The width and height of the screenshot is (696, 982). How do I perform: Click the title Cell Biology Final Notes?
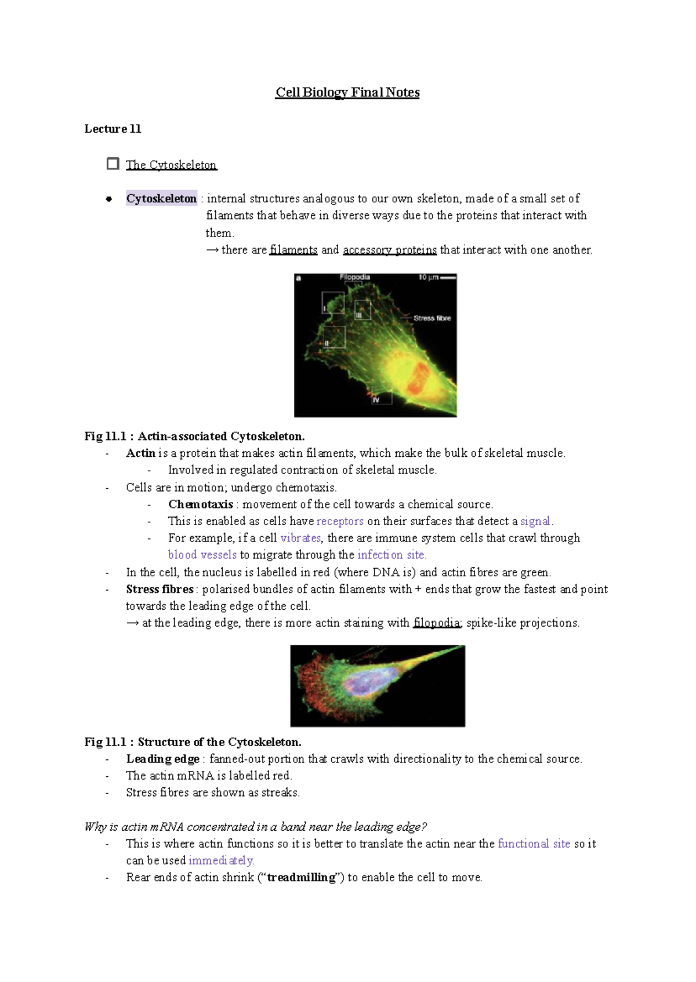pyautogui.click(x=347, y=93)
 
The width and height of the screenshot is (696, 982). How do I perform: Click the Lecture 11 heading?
pyautogui.click(x=113, y=129)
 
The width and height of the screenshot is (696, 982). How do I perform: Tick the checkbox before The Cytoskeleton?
pyautogui.click(x=113, y=164)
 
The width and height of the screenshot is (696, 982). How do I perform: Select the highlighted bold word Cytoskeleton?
pyautogui.click(x=161, y=198)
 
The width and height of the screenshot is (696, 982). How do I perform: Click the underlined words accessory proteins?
pyautogui.click(x=390, y=250)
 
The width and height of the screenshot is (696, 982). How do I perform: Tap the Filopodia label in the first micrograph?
pyautogui.click(x=354, y=277)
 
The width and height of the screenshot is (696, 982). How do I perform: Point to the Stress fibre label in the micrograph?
pyautogui.click(x=432, y=318)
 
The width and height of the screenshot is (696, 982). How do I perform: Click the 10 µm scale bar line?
pyautogui.click(x=448, y=278)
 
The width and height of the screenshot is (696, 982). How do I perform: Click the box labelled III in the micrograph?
pyautogui.click(x=362, y=310)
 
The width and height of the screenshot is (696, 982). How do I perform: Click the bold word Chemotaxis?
pyautogui.click(x=200, y=504)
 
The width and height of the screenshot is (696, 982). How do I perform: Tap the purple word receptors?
pyautogui.click(x=340, y=521)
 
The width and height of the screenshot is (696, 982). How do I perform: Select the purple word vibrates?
pyautogui.click(x=300, y=538)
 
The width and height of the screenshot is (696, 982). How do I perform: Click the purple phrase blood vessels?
pyautogui.click(x=202, y=555)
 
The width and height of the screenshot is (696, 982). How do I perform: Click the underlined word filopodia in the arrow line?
pyautogui.click(x=437, y=623)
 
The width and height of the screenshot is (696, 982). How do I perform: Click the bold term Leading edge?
pyautogui.click(x=162, y=759)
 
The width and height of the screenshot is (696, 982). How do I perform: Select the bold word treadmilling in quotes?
pyautogui.click(x=301, y=878)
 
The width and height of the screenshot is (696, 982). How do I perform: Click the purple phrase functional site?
pyautogui.click(x=534, y=844)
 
